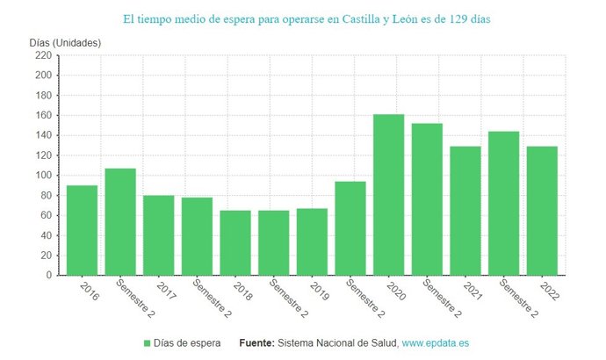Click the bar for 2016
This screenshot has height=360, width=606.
point(82,230)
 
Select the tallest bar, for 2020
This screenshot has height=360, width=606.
point(388,195)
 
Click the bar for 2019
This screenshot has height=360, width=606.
point(312,241)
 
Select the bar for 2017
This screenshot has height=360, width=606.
point(159,235)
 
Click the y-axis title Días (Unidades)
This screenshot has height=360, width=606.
point(65,43)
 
